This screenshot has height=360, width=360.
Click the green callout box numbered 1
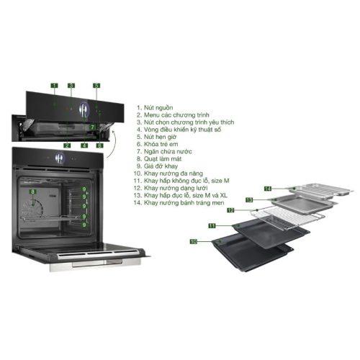pyautogui.click(x=54, y=86)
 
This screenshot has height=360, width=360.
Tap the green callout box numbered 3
pyautogui.click(x=71, y=86)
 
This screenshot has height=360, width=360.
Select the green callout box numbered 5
pyautogui.click(x=96, y=86)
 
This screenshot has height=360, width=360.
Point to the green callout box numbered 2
pyautogui.click(x=66, y=145)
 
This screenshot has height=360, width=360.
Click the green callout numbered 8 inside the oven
pyautogui.click(x=32, y=192)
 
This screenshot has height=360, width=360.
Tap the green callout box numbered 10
pyautogui.click(x=193, y=242)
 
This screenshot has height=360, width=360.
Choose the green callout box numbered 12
pyautogui.click(x=231, y=211)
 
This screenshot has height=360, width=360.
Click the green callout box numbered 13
pyautogui.click(x=249, y=199)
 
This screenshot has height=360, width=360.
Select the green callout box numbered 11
pyautogui.click(x=212, y=225)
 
